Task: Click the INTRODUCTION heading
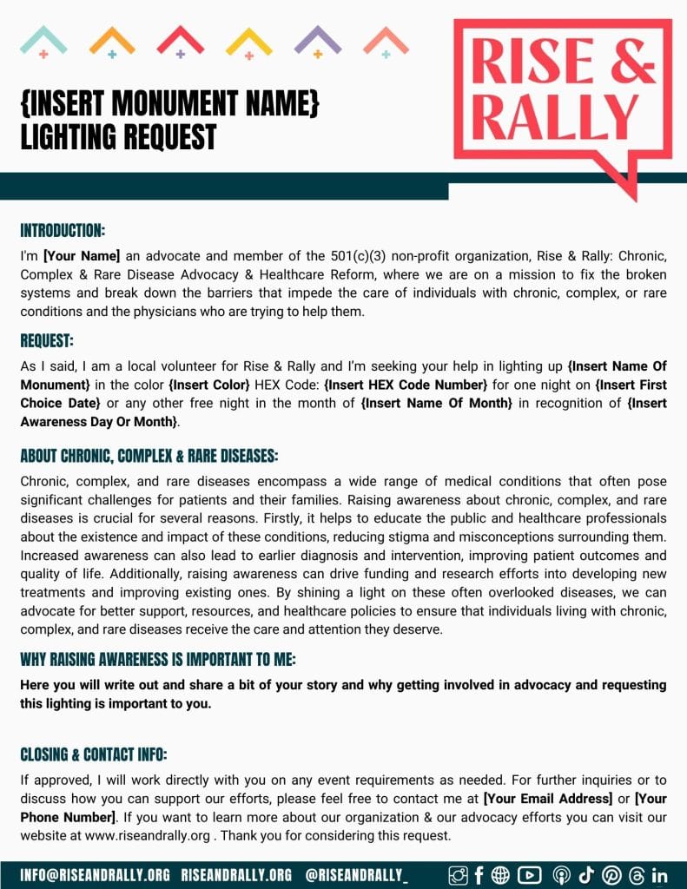click(x=63, y=231)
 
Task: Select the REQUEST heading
click(x=47, y=340)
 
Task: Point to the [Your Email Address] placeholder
click(x=547, y=800)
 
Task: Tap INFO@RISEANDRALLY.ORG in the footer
click(x=95, y=874)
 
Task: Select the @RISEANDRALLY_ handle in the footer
click(x=356, y=874)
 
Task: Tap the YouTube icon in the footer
click(x=529, y=875)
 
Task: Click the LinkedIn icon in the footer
click(x=659, y=875)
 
